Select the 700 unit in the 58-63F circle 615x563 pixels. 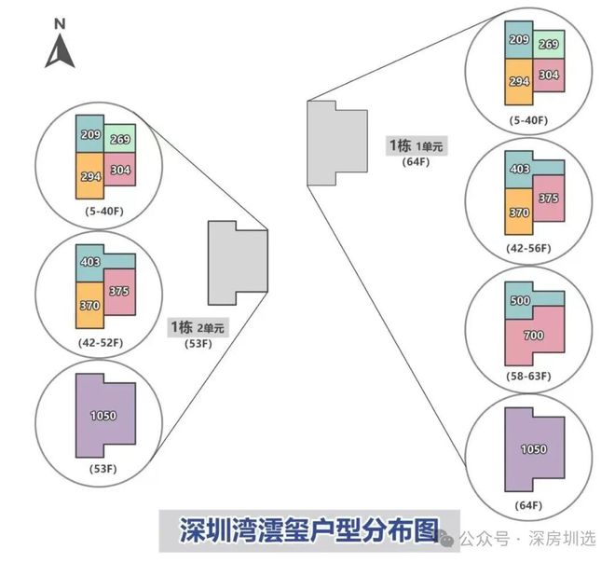point(533,335)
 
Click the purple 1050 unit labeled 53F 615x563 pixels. point(103,416)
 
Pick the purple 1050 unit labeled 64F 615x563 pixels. point(533,449)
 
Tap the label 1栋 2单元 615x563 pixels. point(197,327)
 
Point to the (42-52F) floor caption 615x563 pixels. point(102,343)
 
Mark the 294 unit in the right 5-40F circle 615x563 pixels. point(519,82)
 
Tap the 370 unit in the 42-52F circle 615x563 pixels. point(89,304)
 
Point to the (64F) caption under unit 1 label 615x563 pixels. point(415,161)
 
